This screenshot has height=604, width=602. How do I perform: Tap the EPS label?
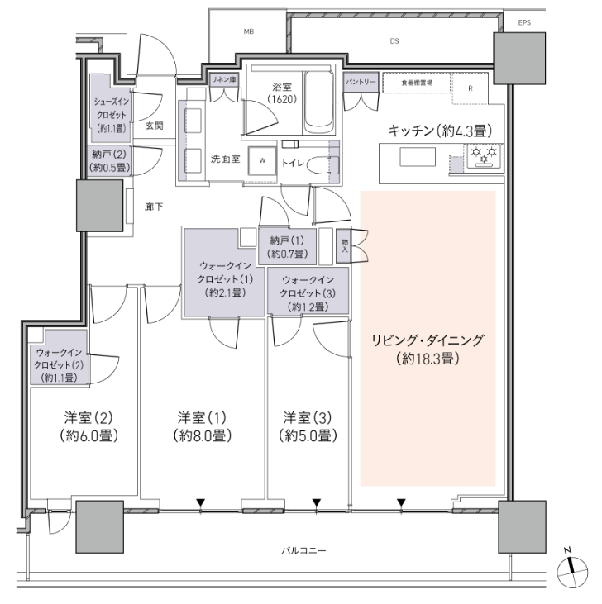(x=524, y=23)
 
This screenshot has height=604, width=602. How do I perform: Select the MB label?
(x=249, y=32)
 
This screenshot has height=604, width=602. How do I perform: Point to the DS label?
(x=394, y=41)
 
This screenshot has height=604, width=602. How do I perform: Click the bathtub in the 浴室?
(x=318, y=101)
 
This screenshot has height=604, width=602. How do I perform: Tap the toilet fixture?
(x=326, y=165)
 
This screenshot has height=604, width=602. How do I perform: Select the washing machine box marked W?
(x=262, y=160)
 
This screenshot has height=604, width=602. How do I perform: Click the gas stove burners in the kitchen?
(x=484, y=156)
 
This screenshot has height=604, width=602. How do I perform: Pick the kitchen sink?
(x=418, y=157)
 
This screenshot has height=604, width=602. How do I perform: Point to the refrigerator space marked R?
(x=471, y=88)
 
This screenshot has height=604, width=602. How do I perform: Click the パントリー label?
(x=361, y=82)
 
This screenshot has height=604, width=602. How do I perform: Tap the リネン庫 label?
(x=223, y=80)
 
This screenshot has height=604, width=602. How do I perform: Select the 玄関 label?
(x=154, y=126)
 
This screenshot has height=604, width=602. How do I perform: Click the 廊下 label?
(x=154, y=207)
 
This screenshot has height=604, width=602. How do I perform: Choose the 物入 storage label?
(x=344, y=246)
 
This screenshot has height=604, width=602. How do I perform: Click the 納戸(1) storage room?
(x=287, y=246)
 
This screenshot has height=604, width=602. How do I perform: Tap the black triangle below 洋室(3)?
(x=317, y=502)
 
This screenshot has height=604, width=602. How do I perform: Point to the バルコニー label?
(x=303, y=550)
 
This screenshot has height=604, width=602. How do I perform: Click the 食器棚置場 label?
(x=417, y=83)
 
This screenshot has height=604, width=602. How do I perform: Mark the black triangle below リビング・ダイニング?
(x=402, y=502)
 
